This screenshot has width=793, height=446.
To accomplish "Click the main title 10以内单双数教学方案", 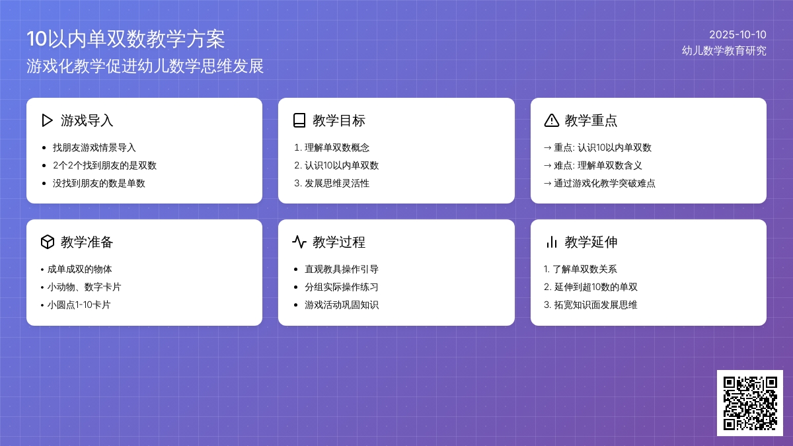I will pyautogui.click(x=126, y=39).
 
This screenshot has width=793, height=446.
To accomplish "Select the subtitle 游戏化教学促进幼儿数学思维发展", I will pyautogui.click(x=145, y=66).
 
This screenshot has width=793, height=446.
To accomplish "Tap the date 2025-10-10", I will pyautogui.click(x=737, y=34).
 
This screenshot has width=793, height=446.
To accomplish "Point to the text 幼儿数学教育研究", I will pyautogui.click(x=724, y=50).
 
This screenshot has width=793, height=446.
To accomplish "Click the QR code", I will pyautogui.click(x=749, y=402).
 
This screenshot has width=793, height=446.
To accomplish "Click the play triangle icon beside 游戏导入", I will pyautogui.click(x=47, y=120).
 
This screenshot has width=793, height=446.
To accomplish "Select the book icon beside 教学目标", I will pyautogui.click(x=299, y=120).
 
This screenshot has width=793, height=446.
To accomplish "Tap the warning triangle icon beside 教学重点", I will pyautogui.click(x=551, y=120).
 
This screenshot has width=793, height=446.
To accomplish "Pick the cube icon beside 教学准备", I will pyautogui.click(x=47, y=242).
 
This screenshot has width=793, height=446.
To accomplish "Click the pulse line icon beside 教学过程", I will pyautogui.click(x=299, y=242).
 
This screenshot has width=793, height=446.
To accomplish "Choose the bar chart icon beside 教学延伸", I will pyautogui.click(x=551, y=242).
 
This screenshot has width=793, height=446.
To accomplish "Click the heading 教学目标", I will pyautogui.click(x=339, y=120).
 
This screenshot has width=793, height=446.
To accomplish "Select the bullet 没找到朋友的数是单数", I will pyautogui.click(x=99, y=183).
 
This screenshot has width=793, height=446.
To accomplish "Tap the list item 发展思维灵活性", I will pyautogui.click(x=337, y=183).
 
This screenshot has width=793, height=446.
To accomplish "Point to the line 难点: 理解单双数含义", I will pyautogui.click(x=598, y=165).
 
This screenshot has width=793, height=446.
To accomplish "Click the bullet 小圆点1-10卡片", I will pyautogui.click(x=79, y=305).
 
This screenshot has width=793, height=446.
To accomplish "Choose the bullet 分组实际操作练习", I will pyautogui.click(x=341, y=287).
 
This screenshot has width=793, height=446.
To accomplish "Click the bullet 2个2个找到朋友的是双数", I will pyautogui.click(x=104, y=165).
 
